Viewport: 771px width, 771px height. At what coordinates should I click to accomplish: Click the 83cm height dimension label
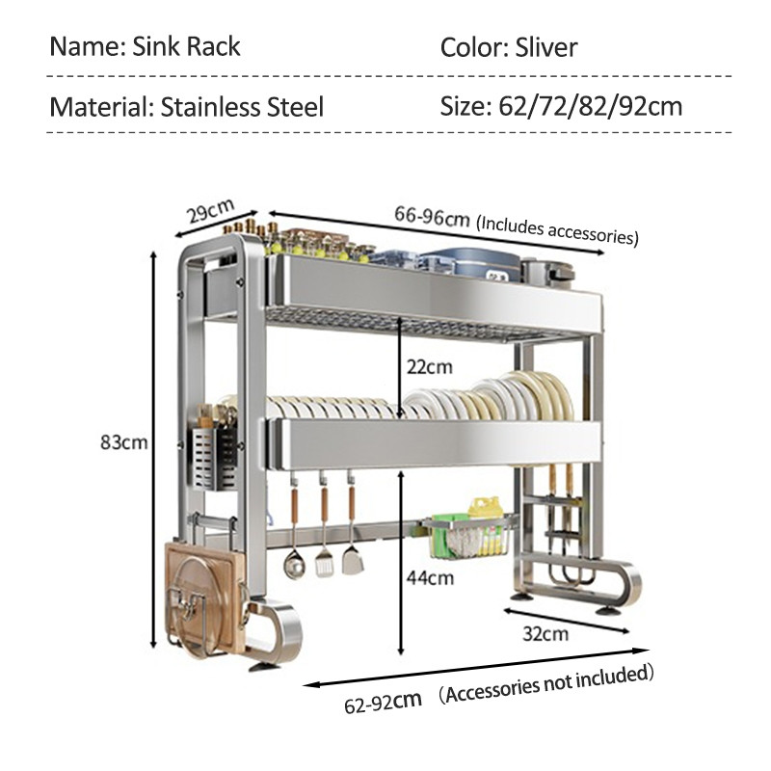point(124,442)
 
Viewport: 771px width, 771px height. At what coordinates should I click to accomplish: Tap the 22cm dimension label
point(429,367)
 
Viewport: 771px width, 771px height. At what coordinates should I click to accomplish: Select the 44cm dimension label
point(430,577)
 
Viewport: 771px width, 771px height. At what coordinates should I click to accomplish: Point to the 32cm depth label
point(545,634)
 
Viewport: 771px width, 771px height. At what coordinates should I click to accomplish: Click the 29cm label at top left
point(210,211)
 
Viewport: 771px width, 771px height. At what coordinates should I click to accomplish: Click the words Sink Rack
point(186,46)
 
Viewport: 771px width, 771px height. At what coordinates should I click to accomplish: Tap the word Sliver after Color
point(545,47)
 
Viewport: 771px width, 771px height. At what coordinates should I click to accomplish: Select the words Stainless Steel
point(242,107)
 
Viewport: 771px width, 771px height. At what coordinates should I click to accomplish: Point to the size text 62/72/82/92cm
point(591,106)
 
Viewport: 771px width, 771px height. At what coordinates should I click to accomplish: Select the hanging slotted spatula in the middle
point(324,536)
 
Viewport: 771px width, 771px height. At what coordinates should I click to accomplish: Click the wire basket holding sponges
point(467,538)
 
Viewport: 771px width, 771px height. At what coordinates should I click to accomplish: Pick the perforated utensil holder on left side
point(214,460)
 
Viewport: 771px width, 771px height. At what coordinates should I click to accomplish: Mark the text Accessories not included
point(545,683)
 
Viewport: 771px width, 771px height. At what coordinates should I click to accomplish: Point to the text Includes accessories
point(557,230)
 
